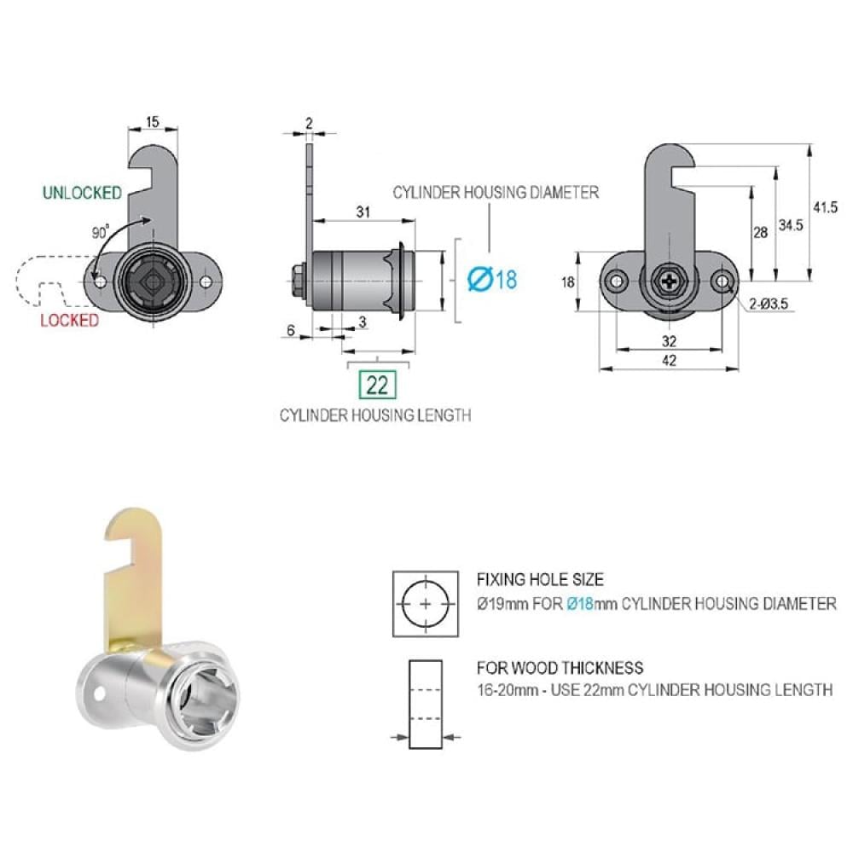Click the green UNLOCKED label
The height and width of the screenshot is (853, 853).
[x=82, y=193]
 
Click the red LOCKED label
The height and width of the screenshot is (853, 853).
[x=70, y=321]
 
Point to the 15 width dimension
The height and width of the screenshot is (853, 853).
[x=153, y=121]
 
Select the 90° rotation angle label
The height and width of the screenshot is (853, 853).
[x=100, y=232]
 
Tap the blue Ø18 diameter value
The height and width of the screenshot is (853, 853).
[x=493, y=280]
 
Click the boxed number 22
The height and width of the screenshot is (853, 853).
[x=377, y=386]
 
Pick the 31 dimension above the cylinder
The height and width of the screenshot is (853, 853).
[x=363, y=212]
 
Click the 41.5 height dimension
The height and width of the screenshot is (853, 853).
[x=825, y=207]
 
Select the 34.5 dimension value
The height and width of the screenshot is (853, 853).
[x=791, y=225]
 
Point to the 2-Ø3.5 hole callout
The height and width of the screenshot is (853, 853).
[x=769, y=305]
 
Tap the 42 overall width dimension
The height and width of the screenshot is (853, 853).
[x=669, y=360]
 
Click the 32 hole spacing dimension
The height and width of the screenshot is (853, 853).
[x=669, y=341]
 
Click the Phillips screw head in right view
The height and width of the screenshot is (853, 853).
[x=669, y=281]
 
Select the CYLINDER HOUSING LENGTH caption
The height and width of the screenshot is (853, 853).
[x=375, y=415]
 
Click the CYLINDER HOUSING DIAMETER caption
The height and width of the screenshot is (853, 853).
[x=496, y=193]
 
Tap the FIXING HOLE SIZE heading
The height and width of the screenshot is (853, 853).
[x=540, y=580]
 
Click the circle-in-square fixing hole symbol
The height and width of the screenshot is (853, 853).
[x=426, y=604]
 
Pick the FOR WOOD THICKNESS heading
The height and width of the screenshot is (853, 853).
[x=560, y=668]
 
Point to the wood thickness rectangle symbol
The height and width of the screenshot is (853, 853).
[x=426, y=705]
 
